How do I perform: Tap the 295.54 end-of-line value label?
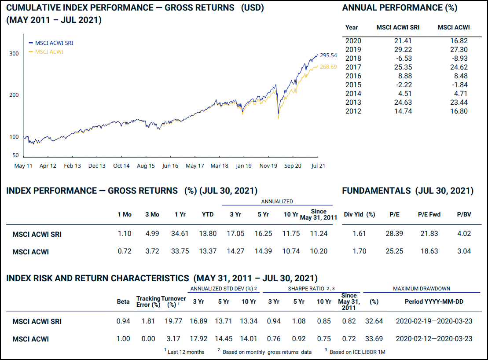[328, 55]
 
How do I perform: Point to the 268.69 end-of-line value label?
[328, 67]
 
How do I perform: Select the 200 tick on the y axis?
[14, 95]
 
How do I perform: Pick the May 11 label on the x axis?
[23, 166]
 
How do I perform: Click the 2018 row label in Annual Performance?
[353, 58]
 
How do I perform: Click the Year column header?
[352, 27]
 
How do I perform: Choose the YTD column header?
[208, 215]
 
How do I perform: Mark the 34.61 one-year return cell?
[180, 234]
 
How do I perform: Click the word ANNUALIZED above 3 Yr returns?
[277, 202]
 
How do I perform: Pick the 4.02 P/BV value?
[464, 234]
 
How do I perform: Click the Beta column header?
[123, 301]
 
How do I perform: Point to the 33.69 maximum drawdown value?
[374, 339]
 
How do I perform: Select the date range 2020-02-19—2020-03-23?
[434, 321]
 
